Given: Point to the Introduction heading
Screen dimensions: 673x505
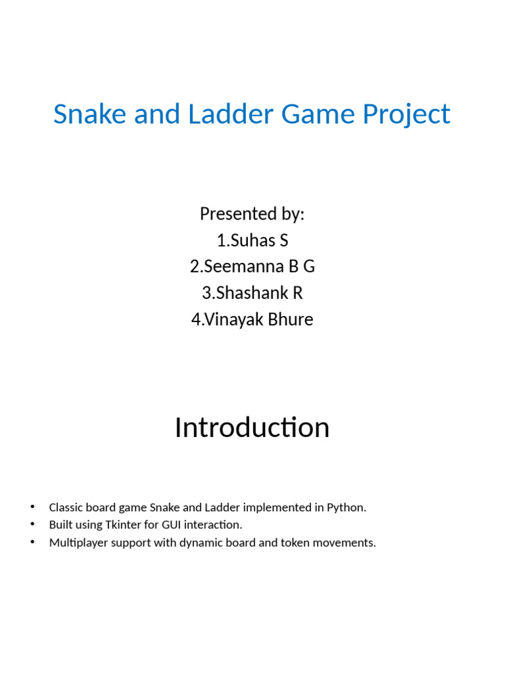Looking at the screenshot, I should coord(252,428).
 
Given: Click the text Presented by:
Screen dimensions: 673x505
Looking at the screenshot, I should coord(252,214).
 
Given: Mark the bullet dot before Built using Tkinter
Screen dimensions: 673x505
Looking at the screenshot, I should coord(31,524).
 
